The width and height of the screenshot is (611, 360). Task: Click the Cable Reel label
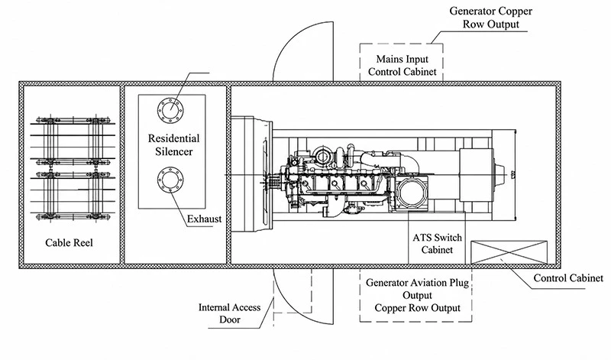click(69, 242)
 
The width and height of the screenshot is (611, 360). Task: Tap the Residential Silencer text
click(174, 144)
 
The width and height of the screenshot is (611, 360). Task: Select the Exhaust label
click(204, 219)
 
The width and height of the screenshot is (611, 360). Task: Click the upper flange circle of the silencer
click(170, 110)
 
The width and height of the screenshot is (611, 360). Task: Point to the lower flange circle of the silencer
click(170, 180)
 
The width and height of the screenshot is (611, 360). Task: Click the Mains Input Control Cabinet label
click(402, 66)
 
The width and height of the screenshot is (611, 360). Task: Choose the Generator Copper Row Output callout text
click(490, 17)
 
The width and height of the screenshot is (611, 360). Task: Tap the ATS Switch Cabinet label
click(437, 243)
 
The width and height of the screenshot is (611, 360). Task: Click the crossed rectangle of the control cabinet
click(509, 252)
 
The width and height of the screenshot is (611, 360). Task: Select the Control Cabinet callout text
click(568, 278)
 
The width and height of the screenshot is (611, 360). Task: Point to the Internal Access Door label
click(230, 313)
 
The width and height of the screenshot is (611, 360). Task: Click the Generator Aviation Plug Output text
click(417, 289)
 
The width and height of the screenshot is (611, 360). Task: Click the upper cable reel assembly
click(73, 141)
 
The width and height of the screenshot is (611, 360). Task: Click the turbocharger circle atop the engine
click(322, 157)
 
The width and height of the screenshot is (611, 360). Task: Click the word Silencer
click(174, 151)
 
